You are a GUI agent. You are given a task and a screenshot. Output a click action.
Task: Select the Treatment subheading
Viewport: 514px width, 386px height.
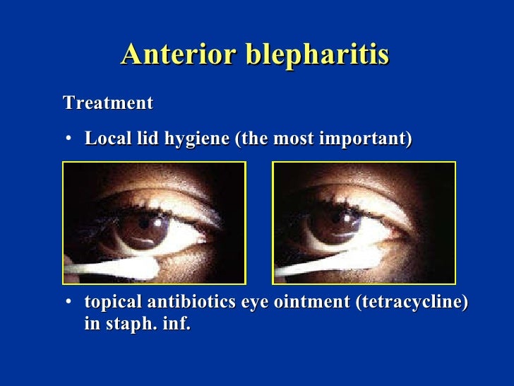108,103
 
